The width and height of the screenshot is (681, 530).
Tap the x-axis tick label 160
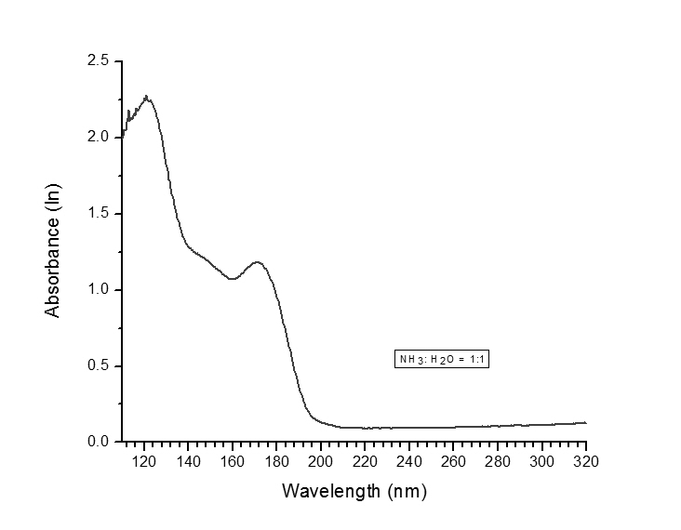233,461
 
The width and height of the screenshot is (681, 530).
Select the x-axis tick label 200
321,461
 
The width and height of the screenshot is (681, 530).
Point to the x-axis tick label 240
409,461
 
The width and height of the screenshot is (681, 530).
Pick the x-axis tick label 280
498,461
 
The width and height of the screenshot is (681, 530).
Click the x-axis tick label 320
585,461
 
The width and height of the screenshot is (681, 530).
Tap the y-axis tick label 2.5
99,61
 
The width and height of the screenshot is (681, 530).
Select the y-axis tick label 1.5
99,214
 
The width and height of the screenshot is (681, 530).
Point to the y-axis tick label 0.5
99,366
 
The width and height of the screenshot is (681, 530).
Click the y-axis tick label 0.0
99,442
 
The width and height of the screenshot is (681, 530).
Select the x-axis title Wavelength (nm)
354,489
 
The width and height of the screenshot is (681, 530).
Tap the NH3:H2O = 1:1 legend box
441,360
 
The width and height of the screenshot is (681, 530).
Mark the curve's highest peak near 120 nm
146,96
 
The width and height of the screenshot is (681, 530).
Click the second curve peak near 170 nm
257,262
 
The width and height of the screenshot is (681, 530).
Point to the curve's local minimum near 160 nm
233,278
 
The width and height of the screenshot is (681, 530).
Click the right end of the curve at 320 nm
586,423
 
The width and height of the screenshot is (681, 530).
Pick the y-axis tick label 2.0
99,138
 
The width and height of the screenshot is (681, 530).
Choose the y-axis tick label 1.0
99,290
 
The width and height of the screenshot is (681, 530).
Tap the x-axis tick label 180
276,461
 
